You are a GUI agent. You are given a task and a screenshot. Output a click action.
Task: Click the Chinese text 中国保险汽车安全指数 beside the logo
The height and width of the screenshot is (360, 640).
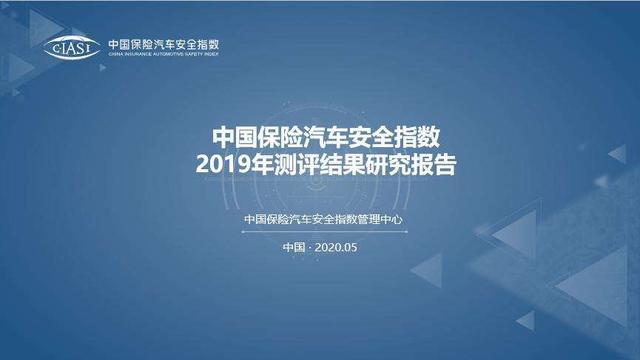162,44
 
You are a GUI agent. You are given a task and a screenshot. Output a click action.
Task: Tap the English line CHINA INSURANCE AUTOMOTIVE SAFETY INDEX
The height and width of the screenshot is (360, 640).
162,56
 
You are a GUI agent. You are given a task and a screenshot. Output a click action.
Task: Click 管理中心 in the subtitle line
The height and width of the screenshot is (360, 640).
388,221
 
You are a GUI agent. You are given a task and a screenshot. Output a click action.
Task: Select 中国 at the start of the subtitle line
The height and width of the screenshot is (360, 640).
254,221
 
